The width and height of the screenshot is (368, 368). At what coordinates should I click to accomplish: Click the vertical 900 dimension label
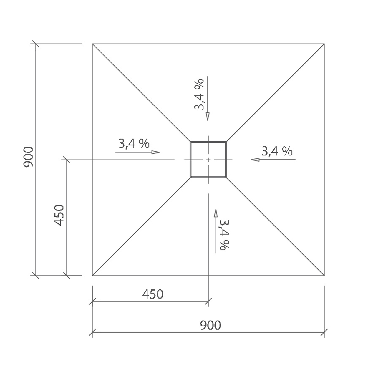click(x=28, y=157)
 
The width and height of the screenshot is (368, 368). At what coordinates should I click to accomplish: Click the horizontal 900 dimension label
click(x=210, y=325)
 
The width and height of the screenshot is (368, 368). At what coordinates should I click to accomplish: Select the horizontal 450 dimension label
click(x=152, y=294)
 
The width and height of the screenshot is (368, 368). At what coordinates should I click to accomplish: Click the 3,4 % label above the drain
click(x=199, y=95)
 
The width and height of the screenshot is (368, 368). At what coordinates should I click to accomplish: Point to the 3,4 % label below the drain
click(x=224, y=235)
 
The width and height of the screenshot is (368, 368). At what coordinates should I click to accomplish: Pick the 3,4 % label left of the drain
click(x=134, y=143)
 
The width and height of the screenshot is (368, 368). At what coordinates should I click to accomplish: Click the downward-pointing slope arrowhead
click(x=208, y=117)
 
